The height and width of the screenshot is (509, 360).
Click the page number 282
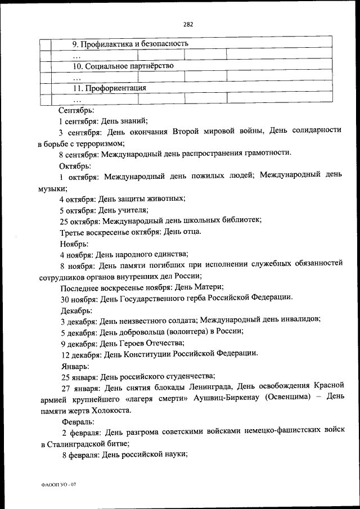point(188,24)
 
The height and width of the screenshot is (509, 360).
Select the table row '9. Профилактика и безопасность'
point(130,43)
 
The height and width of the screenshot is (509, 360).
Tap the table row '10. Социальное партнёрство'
point(123,66)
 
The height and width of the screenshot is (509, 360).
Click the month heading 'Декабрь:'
point(75,309)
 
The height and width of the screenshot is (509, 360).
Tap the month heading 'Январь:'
point(74,365)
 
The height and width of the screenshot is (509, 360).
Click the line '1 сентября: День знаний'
point(103,120)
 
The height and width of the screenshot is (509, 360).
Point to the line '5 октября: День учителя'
point(103,210)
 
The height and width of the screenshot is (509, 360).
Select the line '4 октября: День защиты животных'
point(122,199)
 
